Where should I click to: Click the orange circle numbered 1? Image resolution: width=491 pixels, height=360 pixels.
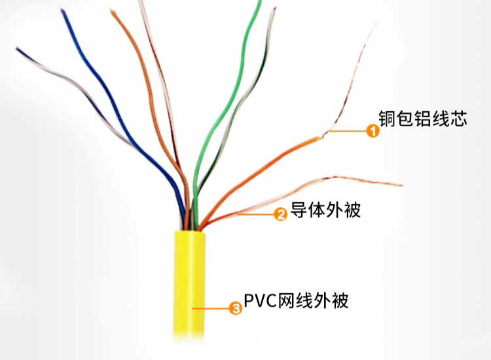pos(373,132)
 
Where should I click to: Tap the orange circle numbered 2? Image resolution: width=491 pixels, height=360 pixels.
pos(280,214)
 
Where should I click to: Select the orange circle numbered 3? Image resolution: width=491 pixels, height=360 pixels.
pos(235,306)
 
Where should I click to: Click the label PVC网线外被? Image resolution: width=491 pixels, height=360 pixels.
pos(296,301)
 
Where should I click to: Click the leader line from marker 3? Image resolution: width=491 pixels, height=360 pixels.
pos(213,306)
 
